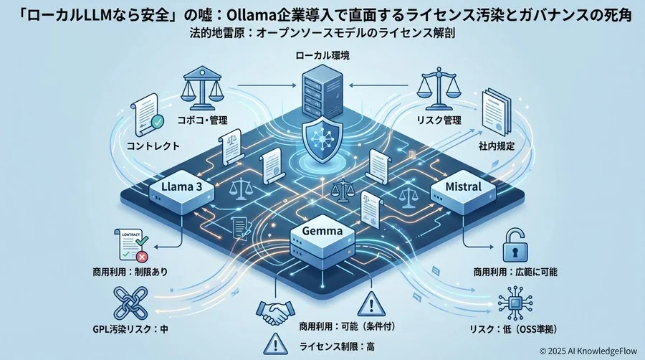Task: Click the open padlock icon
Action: tap(514, 243)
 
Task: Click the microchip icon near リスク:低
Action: tap(515, 301)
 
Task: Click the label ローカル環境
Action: tap(322, 55)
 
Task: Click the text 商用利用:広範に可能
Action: tap(515, 273)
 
